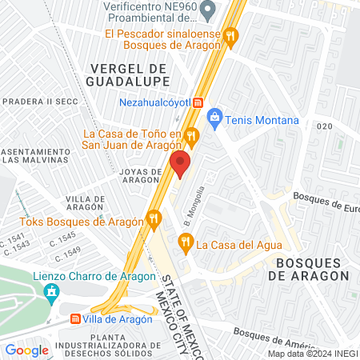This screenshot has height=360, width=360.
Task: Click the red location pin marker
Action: pos(180,164)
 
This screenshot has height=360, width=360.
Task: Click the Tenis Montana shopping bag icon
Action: pos(214,120)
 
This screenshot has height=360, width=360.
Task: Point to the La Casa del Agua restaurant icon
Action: pos(186,242)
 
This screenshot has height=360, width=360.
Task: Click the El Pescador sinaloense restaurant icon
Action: pos(230,35)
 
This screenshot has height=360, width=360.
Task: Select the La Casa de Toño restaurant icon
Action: pos(192,135)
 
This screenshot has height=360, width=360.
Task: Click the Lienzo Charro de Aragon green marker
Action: pos(54,290)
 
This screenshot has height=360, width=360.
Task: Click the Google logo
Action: pos(26,350)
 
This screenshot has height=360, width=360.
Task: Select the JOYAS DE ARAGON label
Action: pos(141,176)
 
